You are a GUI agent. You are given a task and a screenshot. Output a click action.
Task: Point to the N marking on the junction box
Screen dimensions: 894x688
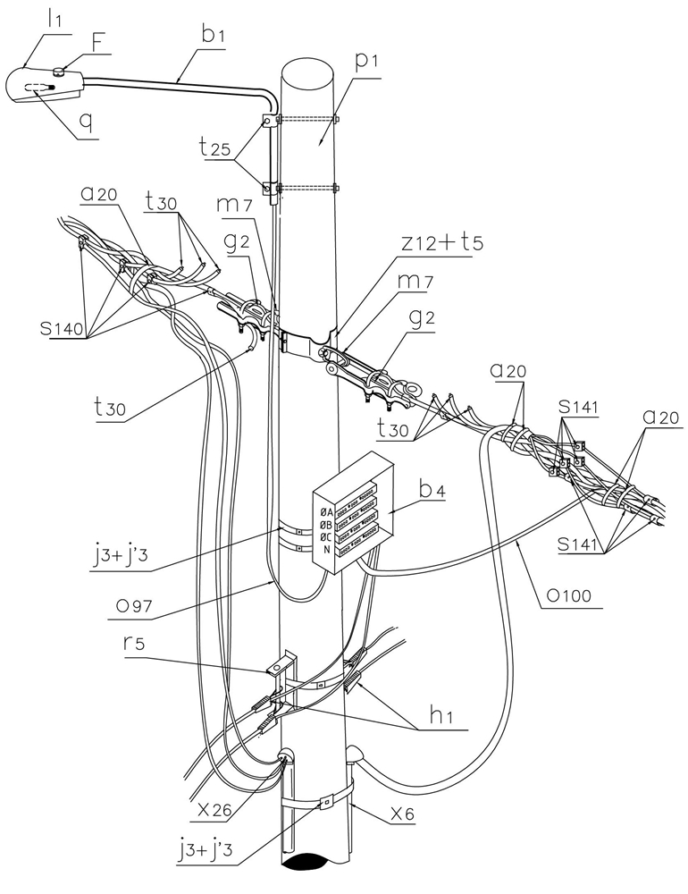coord(328,551)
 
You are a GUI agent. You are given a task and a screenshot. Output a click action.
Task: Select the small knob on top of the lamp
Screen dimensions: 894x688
coord(59,70)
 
